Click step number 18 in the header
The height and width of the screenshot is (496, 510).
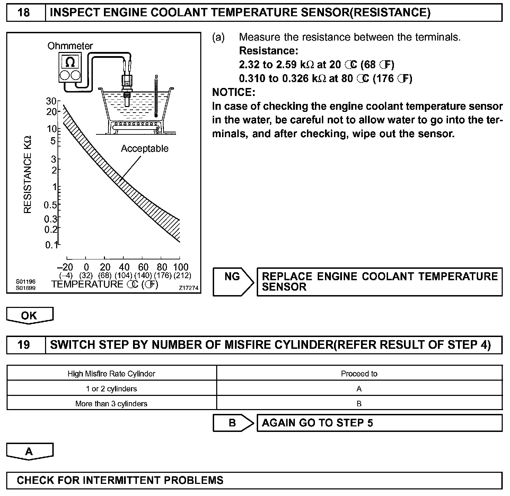click(24, 13)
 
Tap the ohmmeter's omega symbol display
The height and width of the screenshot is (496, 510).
click(70, 62)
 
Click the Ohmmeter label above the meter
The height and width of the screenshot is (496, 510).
click(70, 46)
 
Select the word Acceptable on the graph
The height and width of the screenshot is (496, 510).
click(144, 149)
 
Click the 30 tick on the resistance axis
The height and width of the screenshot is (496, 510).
click(51, 101)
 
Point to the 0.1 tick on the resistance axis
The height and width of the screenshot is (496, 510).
click(51, 245)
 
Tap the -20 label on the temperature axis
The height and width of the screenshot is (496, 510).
click(65, 267)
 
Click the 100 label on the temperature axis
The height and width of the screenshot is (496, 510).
click(181, 267)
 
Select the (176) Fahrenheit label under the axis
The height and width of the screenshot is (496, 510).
click(162, 275)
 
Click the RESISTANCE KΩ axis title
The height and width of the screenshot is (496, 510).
click(28, 174)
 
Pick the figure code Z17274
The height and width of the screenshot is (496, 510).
click(188, 288)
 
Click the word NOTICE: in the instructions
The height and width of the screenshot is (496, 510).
click(234, 92)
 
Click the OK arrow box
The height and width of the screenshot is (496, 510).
click(29, 316)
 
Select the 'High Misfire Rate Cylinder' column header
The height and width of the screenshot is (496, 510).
click(111, 374)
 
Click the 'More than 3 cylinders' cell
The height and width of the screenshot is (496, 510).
click(111, 404)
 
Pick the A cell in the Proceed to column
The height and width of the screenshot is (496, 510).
click(359, 389)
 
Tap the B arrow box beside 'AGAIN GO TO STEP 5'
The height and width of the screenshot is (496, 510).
click(232, 423)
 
